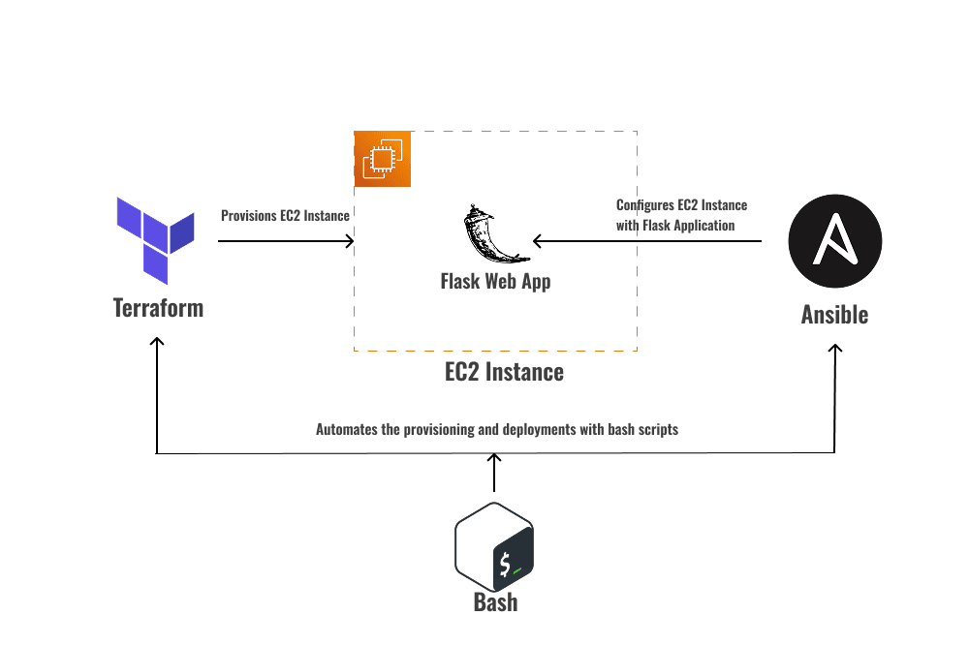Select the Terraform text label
(159, 308)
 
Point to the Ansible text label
(834, 315)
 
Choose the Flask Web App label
(495, 282)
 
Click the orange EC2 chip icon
(383, 159)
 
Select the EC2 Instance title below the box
(504, 371)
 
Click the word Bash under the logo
(495, 601)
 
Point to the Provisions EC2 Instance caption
(285, 216)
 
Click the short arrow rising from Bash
(495, 474)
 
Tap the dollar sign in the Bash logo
(505, 565)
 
